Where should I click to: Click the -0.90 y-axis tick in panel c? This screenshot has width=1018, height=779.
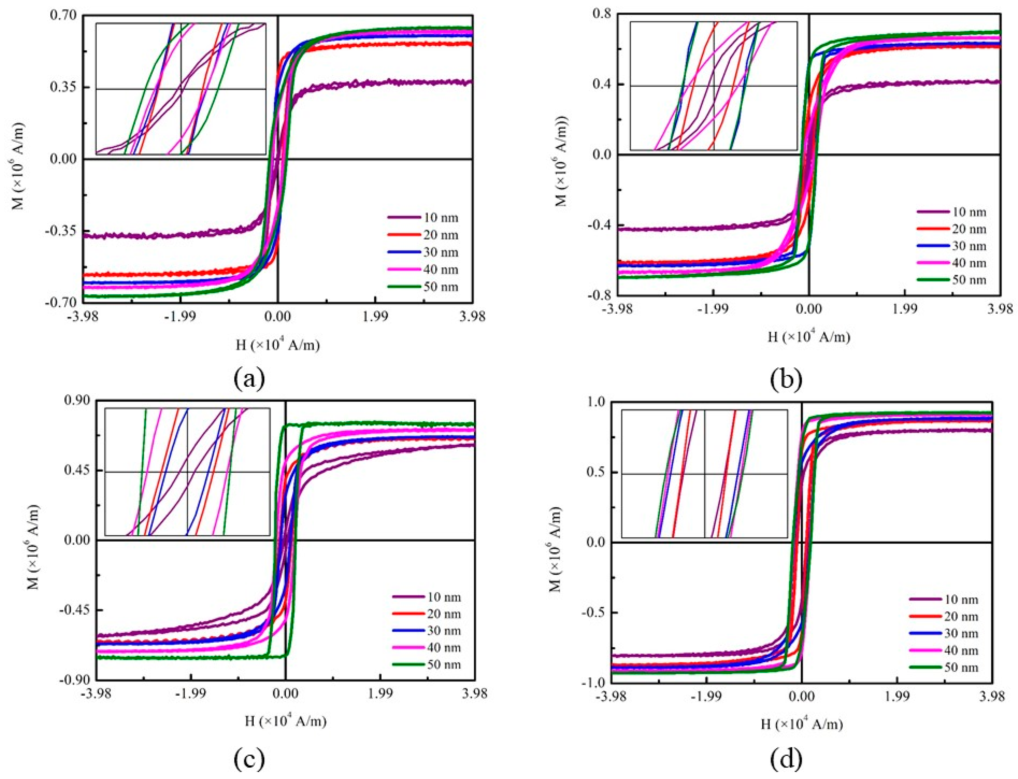click(72, 680)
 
